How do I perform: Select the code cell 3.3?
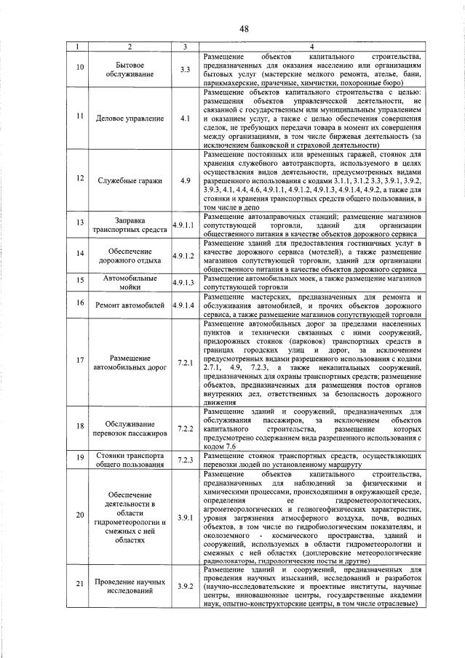[x=185, y=70]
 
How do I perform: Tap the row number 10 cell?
[x=81, y=70]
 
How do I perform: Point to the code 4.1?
[x=185, y=117]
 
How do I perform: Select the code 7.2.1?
[x=185, y=362]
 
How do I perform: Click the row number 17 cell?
[x=81, y=362]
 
